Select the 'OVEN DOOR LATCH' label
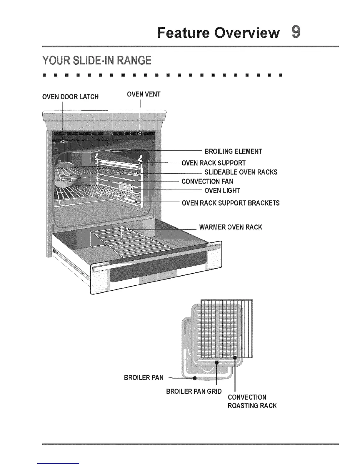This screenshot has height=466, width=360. point(71,97)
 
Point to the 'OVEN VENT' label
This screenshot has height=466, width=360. point(144,94)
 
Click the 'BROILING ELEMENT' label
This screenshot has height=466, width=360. point(233,152)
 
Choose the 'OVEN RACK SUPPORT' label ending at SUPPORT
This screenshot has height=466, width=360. point(214,163)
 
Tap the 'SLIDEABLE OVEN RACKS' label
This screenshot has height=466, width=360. point(241,172)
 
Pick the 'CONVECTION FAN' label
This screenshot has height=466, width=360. point(207,181)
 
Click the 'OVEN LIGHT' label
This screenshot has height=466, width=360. point(222,191)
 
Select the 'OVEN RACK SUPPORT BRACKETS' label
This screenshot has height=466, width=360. point(231,203)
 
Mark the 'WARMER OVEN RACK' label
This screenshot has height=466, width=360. point(231,227)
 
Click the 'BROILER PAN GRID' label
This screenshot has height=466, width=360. point(194,391)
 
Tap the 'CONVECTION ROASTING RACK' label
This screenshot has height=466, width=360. point(252,402)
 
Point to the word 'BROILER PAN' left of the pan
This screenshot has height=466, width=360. point(144,378)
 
